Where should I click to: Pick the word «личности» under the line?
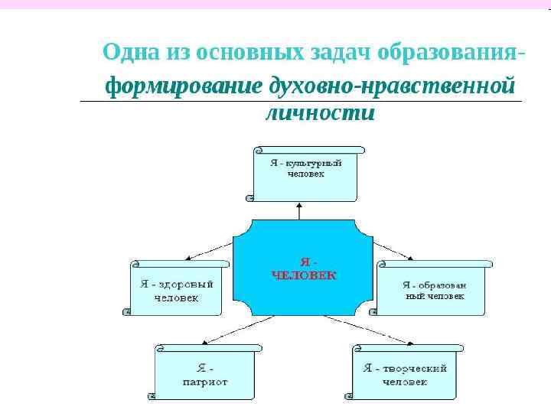pos(320,113)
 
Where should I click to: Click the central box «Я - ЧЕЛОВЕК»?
pos(303,268)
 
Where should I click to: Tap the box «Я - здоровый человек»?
pos(176,288)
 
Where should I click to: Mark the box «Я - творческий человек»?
pos(405,372)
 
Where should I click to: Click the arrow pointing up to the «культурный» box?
pos(300,210)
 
